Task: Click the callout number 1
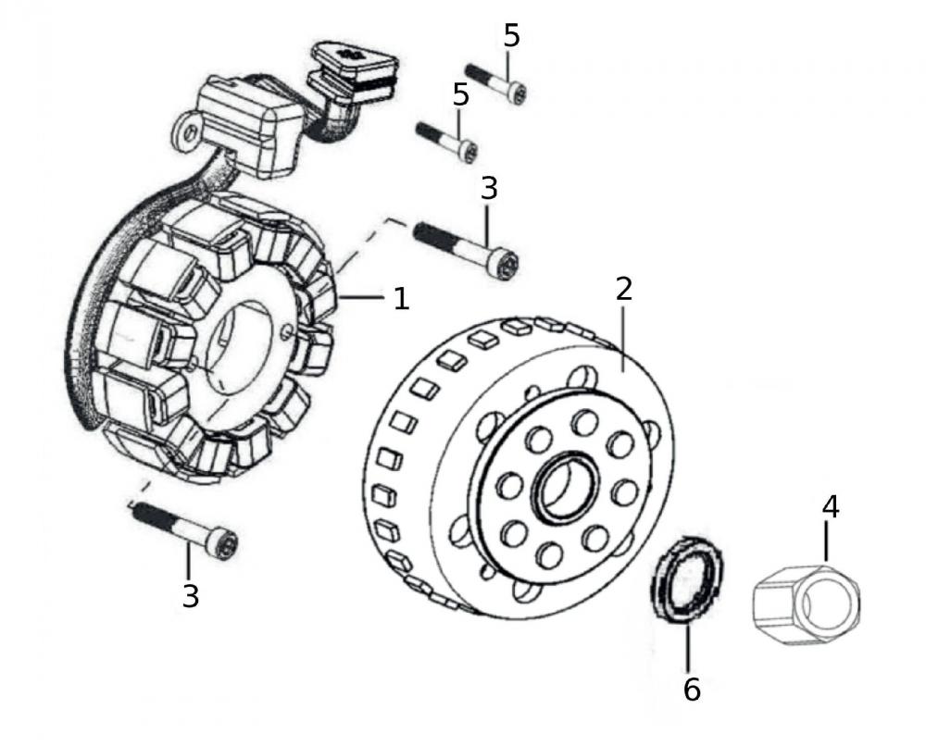(x=401, y=298)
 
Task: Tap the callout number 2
(x=623, y=289)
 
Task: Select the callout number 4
(x=831, y=506)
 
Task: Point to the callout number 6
(x=692, y=689)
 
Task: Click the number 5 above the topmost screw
(x=512, y=36)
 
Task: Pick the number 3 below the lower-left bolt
(x=190, y=596)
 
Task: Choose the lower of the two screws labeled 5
(x=448, y=140)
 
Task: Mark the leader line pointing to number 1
(x=366, y=297)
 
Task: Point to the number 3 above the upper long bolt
(x=489, y=188)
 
